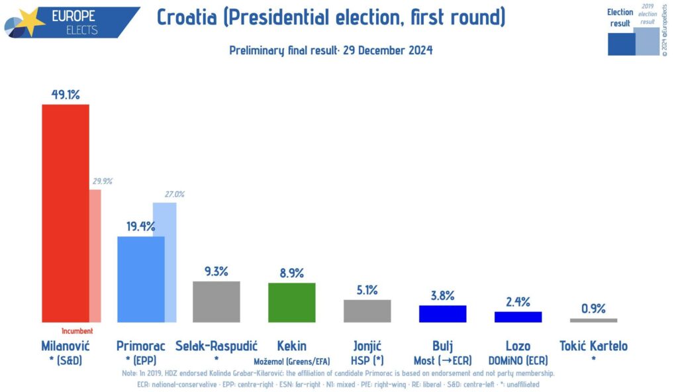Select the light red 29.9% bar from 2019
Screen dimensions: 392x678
tap(95, 256)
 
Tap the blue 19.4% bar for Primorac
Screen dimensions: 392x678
tap(140, 279)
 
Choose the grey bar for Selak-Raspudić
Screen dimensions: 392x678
tap(216, 302)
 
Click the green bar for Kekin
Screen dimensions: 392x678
tap(291, 303)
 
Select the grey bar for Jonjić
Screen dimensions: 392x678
tap(367, 311)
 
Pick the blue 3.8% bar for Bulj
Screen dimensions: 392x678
tap(442, 314)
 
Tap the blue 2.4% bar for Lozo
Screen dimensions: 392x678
tap(518, 317)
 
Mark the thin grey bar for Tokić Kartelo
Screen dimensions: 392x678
tap(593, 320)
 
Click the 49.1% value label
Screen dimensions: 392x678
tap(66, 95)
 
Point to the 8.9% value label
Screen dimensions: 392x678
tap(291, 272)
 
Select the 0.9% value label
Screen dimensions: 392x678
tap(593, 308)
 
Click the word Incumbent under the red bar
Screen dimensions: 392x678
tap(77, 331)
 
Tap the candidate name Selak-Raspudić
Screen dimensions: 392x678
tap(216, 346)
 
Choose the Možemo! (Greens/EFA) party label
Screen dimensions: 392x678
tap(291, 362)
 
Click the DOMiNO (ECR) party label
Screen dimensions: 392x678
tap(518, 362)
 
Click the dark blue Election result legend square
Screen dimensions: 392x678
tap(620, 44)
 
